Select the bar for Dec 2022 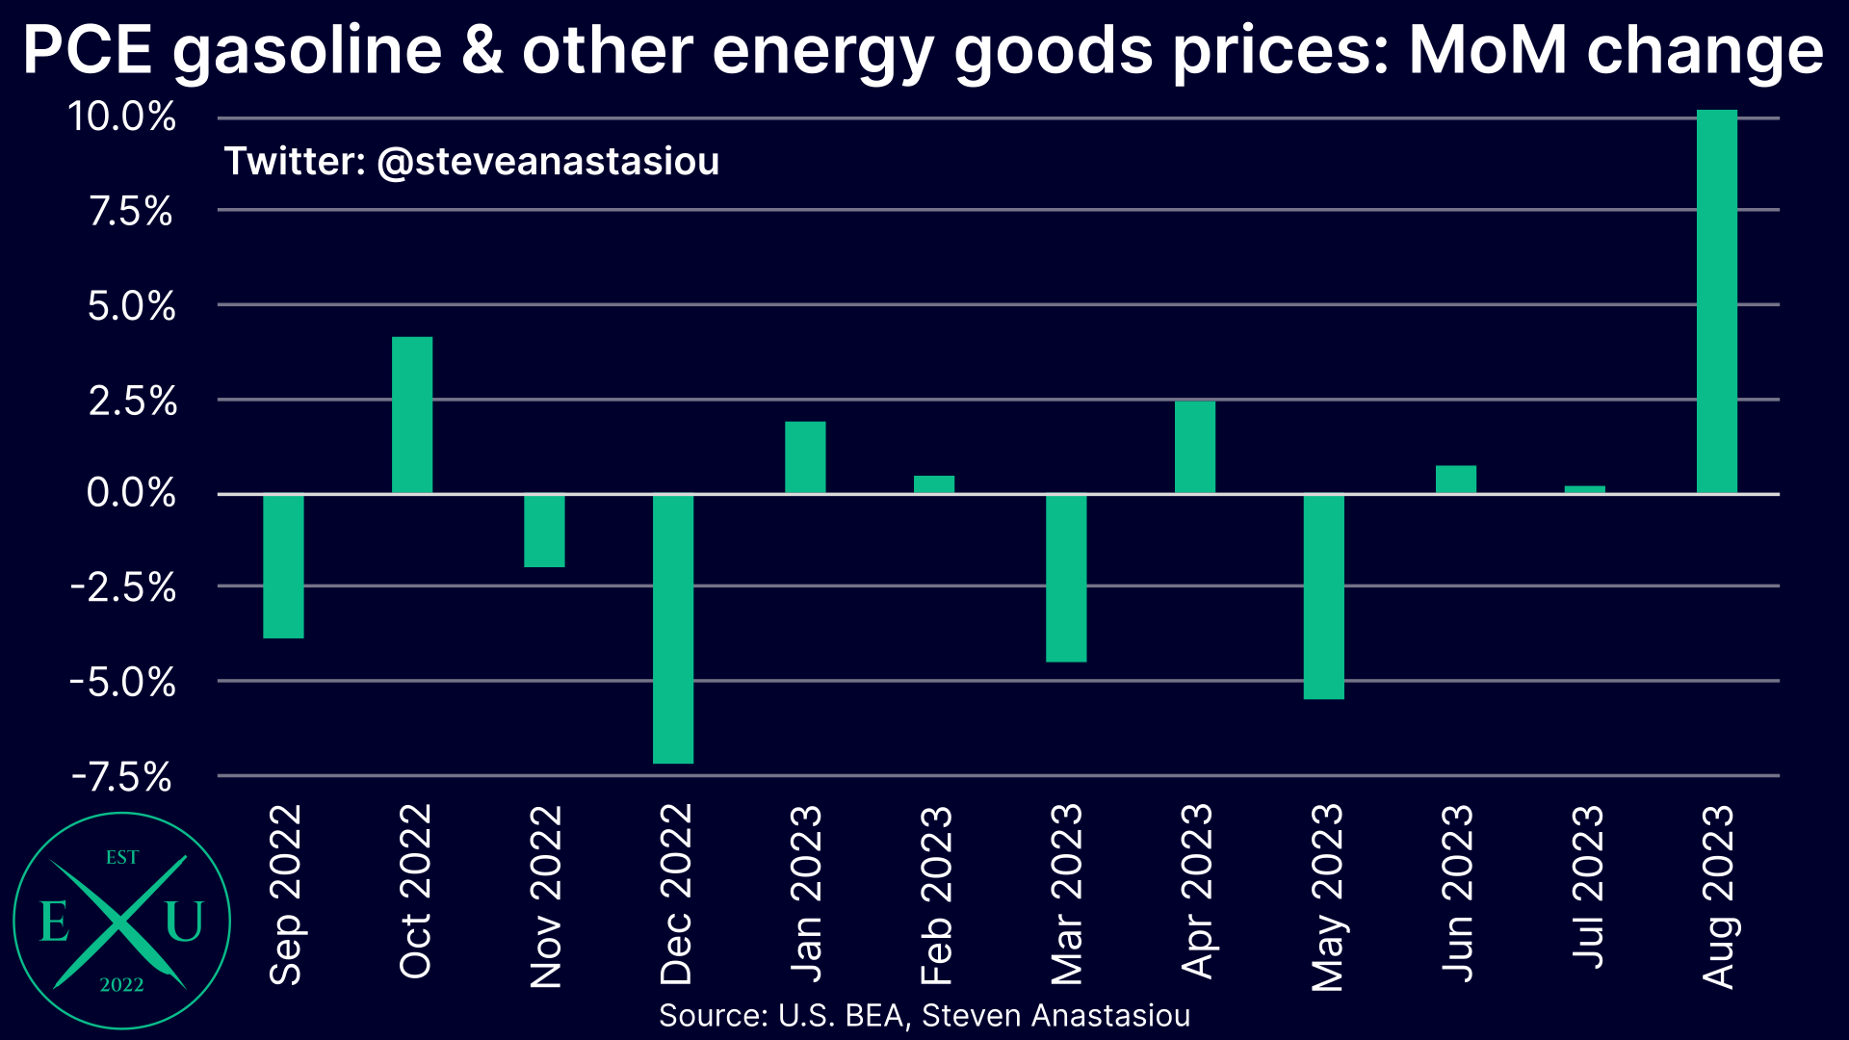(x=673, y=628)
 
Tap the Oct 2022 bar (x=412, y=415)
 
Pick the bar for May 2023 (x=1324, y=596)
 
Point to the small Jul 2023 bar (x=1585, y=489)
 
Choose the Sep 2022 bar (x=283, y=566)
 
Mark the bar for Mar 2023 (x=1066, y=578)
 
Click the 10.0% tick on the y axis (x=122, y=117)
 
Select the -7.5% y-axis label (x=122, y=776)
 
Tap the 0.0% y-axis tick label (x=131, y=493)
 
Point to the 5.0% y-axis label (x=131, y=307)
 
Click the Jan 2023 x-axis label (x=806, y=894)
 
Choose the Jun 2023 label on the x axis (x=1457, y=894)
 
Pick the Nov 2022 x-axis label (x=545, y=897)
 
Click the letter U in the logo (x=184, y=921)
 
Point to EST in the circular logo (x=122, y=857)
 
